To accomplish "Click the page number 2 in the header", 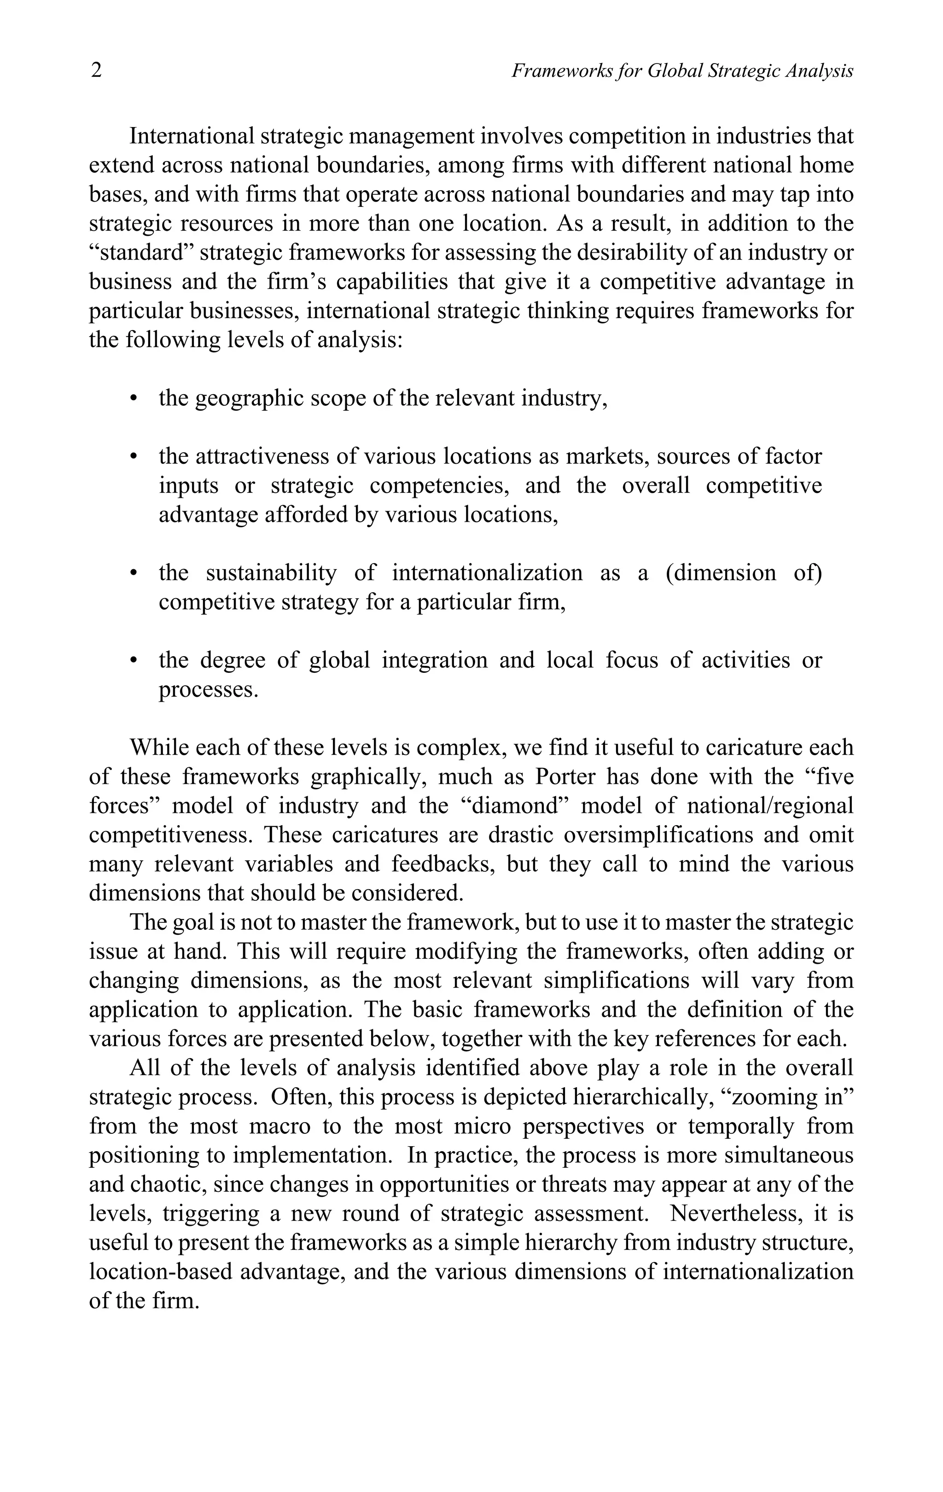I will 96,70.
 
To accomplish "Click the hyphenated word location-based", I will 161,1272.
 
